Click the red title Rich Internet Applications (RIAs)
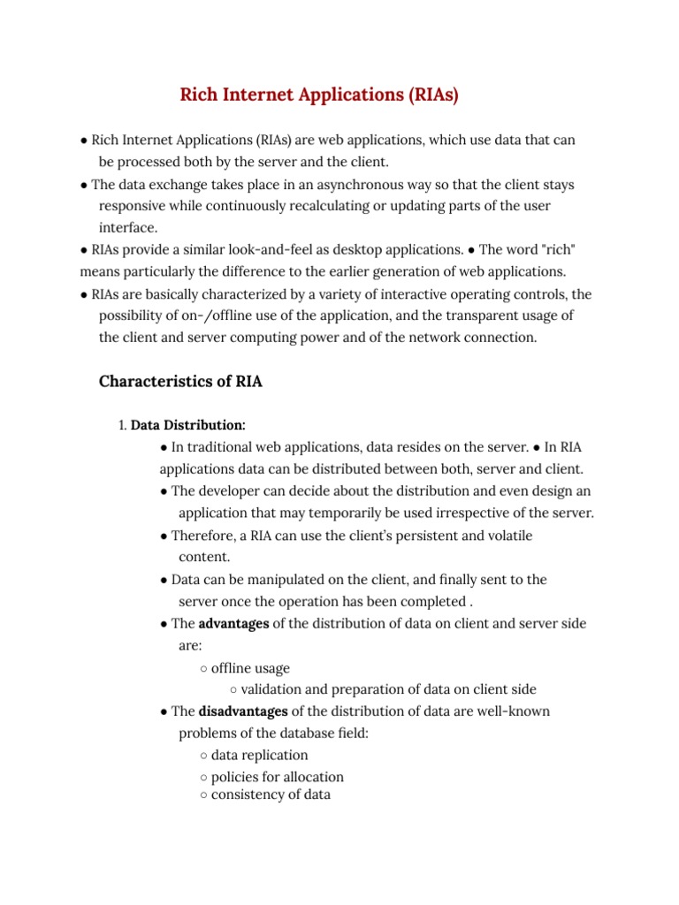point(319,95)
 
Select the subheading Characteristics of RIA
point(180,382)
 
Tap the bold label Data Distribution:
point(188,425)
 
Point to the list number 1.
point(122,425)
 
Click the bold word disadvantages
point(243,711)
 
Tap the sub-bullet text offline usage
point(250,667)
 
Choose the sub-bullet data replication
point(259,755)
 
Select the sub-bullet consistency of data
point(271,794)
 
